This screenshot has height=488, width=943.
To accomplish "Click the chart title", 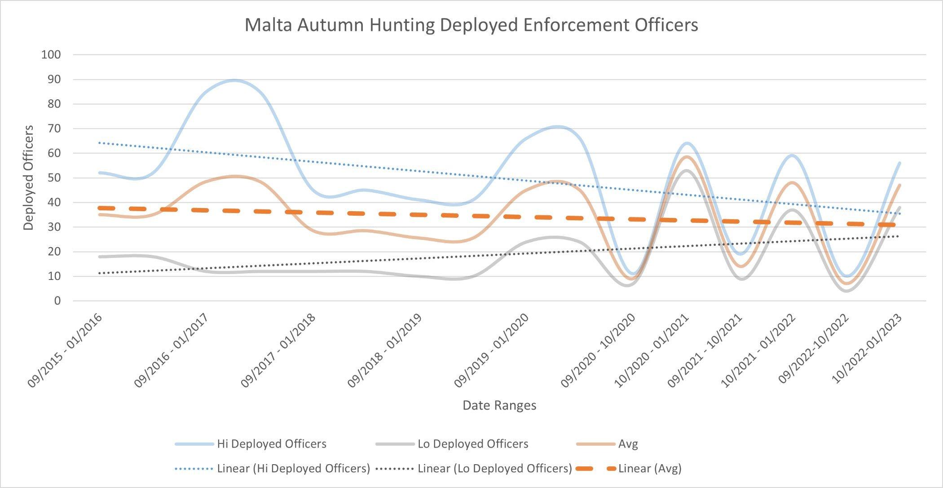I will coord(471,25).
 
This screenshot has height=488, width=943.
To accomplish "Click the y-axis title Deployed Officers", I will coord(29,177).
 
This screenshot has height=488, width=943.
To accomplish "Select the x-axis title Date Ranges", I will coord(499,405).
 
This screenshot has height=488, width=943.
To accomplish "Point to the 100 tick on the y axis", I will coord(51,55).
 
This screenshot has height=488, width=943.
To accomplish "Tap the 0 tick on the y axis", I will coord(57,301).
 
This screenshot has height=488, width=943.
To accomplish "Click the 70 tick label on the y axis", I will coord(51,129).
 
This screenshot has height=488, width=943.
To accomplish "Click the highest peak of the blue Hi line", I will coord(234,80).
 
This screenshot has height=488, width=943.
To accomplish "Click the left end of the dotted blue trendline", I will coord(99,143).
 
